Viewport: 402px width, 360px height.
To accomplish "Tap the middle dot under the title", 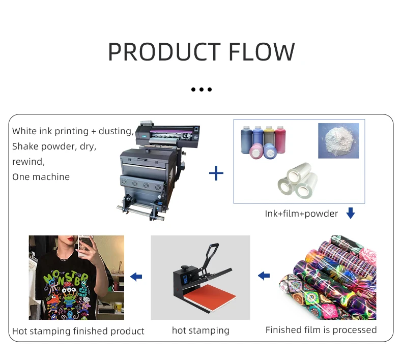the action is click(202, 90).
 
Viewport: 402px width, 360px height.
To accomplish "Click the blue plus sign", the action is click(216, 174).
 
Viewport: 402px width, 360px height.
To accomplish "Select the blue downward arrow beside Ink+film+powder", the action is click(350, 214).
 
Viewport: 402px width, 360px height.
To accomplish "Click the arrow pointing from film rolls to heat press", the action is click(264, 276).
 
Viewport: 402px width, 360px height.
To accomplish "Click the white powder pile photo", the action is click(338, 140).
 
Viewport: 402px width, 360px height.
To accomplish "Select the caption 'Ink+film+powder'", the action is click(301, 214).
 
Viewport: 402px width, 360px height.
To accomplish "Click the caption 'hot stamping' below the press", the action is click(200, 331).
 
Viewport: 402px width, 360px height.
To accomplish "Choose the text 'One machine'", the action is click(41, 177).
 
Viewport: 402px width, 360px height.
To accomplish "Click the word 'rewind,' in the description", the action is click(28, 162).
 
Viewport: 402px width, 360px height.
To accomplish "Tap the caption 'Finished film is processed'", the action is click(321, 330).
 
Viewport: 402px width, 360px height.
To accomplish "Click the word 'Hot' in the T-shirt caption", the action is click(20, 331).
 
